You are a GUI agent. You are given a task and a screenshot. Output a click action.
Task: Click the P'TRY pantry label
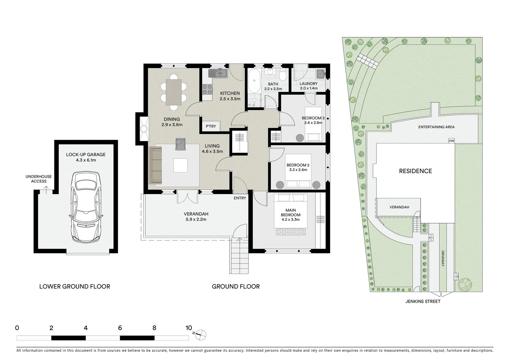(211, 126)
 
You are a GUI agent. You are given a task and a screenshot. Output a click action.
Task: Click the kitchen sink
(218, 73)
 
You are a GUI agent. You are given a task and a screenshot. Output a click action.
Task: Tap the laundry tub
(321, 73)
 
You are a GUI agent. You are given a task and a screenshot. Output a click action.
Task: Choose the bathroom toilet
(283, 75)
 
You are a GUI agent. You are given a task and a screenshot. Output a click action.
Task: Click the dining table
(174, 92)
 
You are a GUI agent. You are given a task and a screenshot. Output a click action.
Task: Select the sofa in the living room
(155, 166)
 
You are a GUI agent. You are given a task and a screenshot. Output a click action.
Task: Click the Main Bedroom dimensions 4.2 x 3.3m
(290, 219)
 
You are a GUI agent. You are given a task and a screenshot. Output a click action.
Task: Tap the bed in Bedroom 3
(314, 124)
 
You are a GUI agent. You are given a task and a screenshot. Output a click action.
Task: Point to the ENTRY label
(240, 198)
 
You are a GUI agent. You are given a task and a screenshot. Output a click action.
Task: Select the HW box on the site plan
(452, 141)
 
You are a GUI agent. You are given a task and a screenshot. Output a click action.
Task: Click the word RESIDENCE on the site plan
(415, 171)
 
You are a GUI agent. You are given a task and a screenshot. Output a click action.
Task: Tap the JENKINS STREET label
(423, 301)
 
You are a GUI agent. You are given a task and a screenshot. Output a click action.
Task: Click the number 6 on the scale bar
(120, 328)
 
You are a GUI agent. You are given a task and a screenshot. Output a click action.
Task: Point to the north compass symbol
(201, 334)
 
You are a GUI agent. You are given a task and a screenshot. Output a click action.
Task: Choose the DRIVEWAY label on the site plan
(443, 258)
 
